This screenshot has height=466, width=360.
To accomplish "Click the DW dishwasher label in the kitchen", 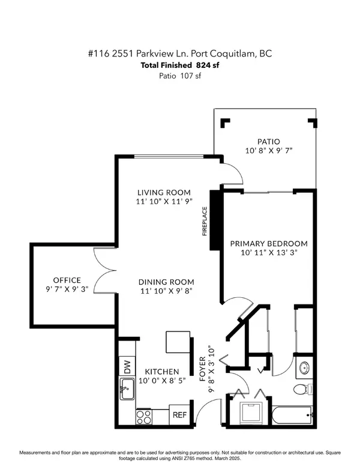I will pyautogui.click(x=127, y=365).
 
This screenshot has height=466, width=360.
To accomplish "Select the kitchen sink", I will pyautogui.click(x=127, y=390).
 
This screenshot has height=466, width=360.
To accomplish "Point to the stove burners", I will pyautogui.click(x=144, y=415).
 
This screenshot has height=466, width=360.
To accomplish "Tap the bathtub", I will pyautogui.click(x=290, y=414).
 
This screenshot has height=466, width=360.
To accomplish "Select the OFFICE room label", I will pyautogui.click(x=67, y=280).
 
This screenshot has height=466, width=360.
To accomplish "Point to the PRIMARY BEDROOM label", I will pyautogui.click(x=269, y=244).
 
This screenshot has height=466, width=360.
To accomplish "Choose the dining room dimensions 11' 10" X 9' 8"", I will pyautogui.click(x=166, y=292).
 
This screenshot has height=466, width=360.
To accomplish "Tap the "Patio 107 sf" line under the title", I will pyautogui.click(x=179, y=76).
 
